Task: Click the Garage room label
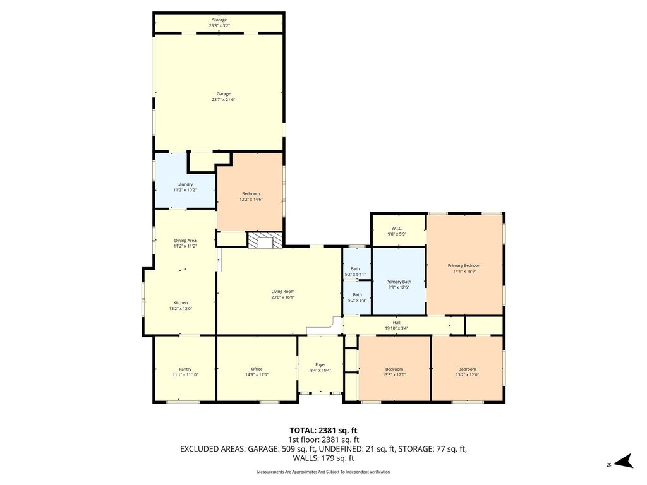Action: point(224,93)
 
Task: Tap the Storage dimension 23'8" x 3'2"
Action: point(219,25)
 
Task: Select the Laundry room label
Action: point(185,184)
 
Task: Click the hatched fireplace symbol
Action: point(265,239)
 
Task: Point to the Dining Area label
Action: point(185,241)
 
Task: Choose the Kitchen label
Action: point(181,302)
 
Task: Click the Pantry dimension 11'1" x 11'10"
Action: point(185,375)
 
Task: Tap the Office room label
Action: point(257,369)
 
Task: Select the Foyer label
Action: point(320,364)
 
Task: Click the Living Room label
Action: point(283,292)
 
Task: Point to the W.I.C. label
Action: point(397,229)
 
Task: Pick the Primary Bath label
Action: point(399,282)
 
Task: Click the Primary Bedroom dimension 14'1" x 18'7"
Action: point(464,272)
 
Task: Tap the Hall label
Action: point(397,323)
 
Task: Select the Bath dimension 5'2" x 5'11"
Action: point(355,275)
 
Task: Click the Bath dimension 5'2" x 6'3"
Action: point(358,301)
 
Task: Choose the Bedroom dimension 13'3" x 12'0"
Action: point(394,375)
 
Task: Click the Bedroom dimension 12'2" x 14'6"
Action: point(251,199)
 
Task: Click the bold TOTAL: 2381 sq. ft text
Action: point(323,431)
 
